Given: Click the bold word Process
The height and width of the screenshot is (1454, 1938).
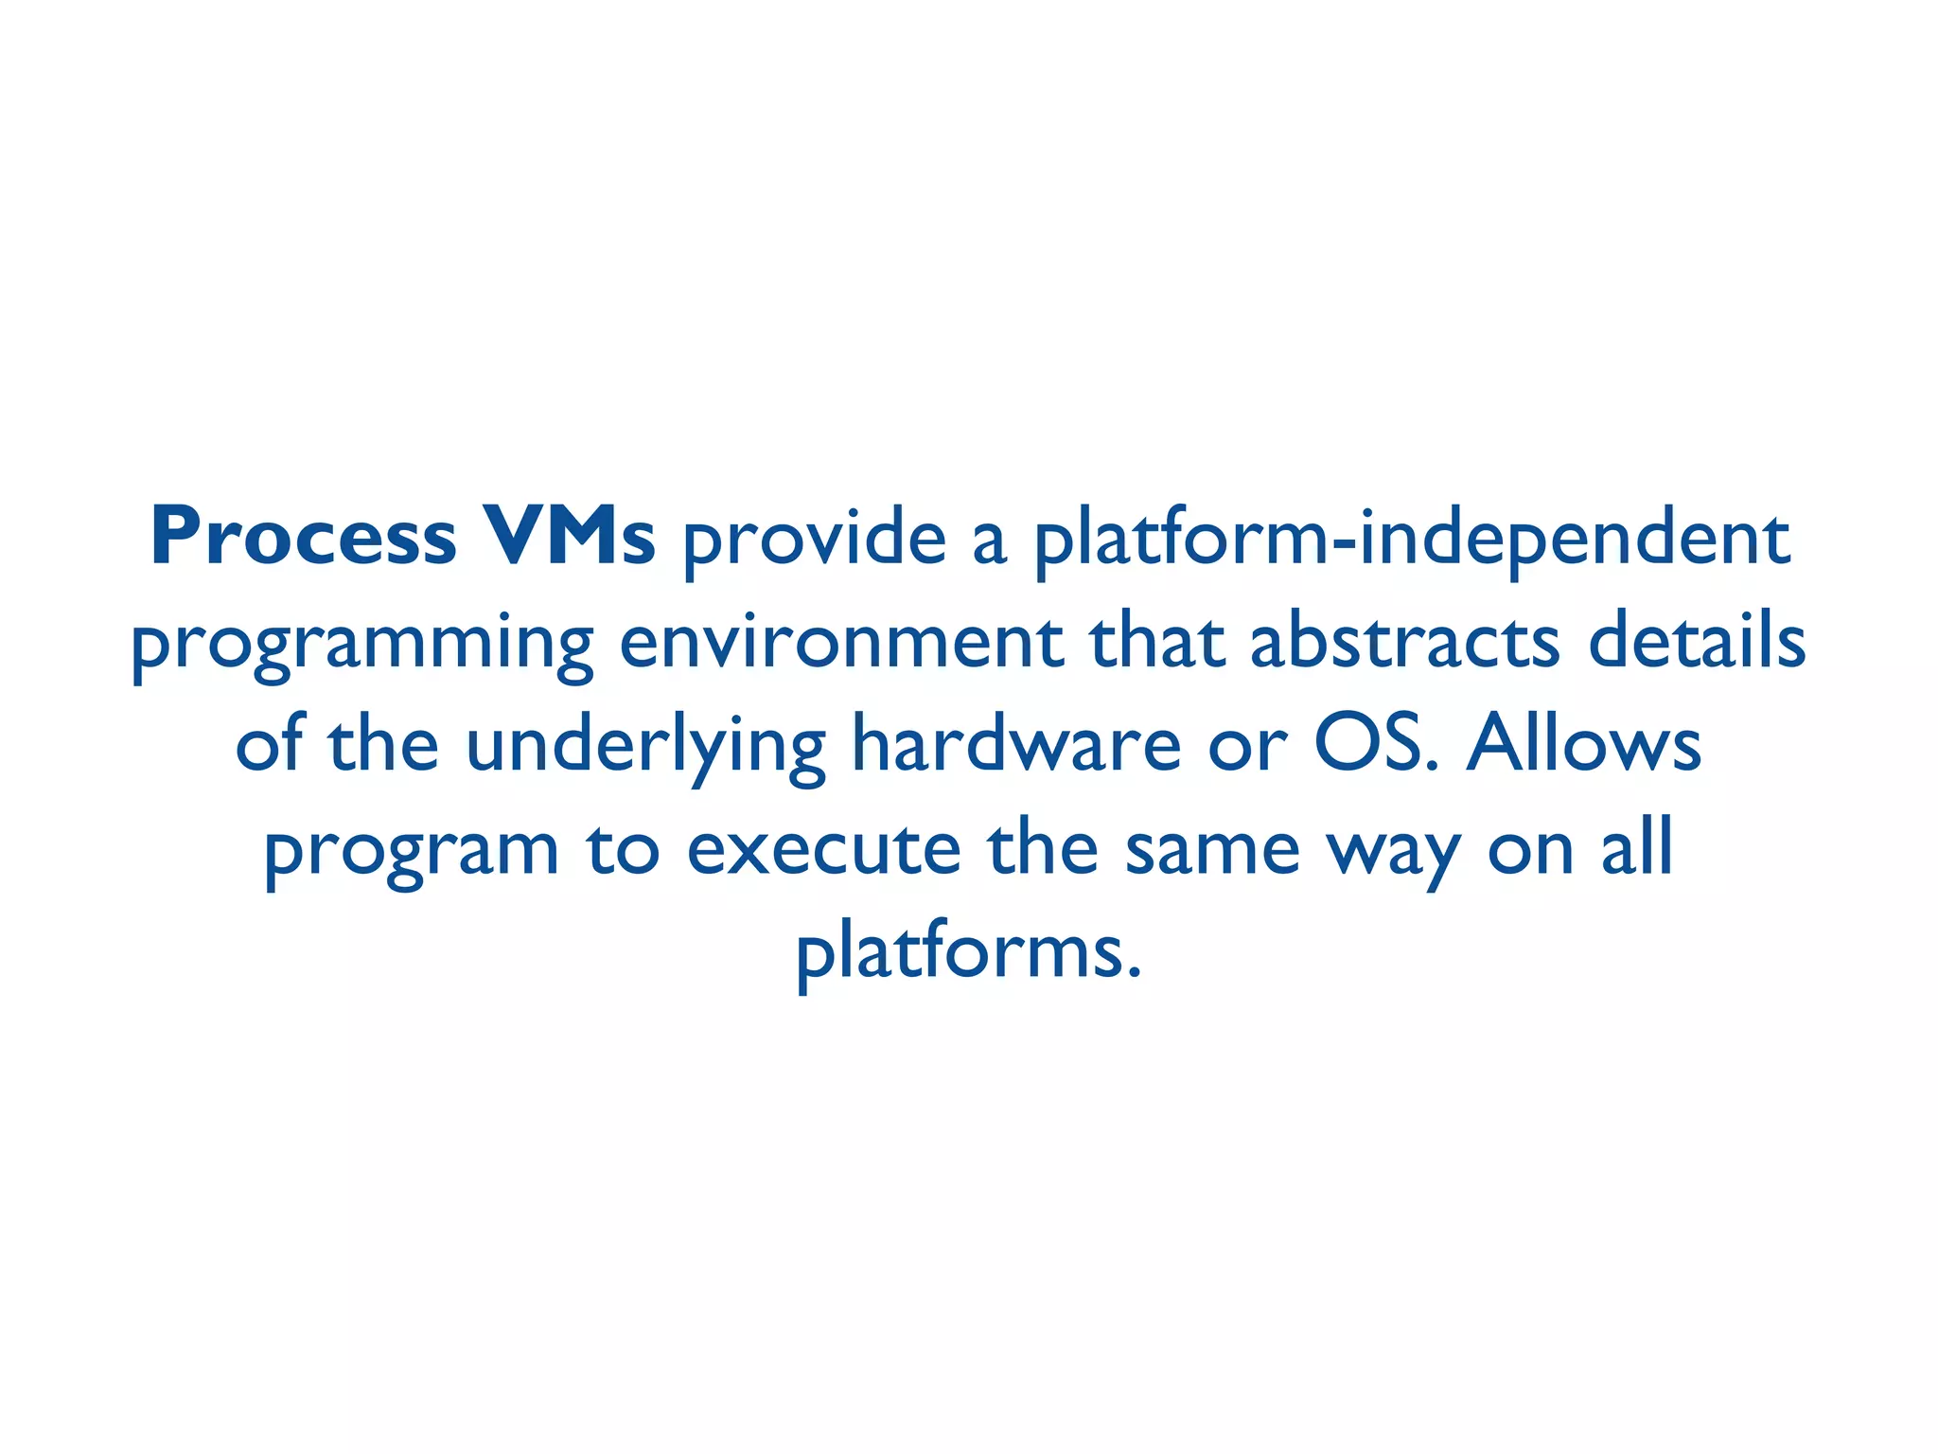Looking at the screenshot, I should click(304, 538).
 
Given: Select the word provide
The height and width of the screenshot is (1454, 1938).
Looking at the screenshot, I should click(814, 540).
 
